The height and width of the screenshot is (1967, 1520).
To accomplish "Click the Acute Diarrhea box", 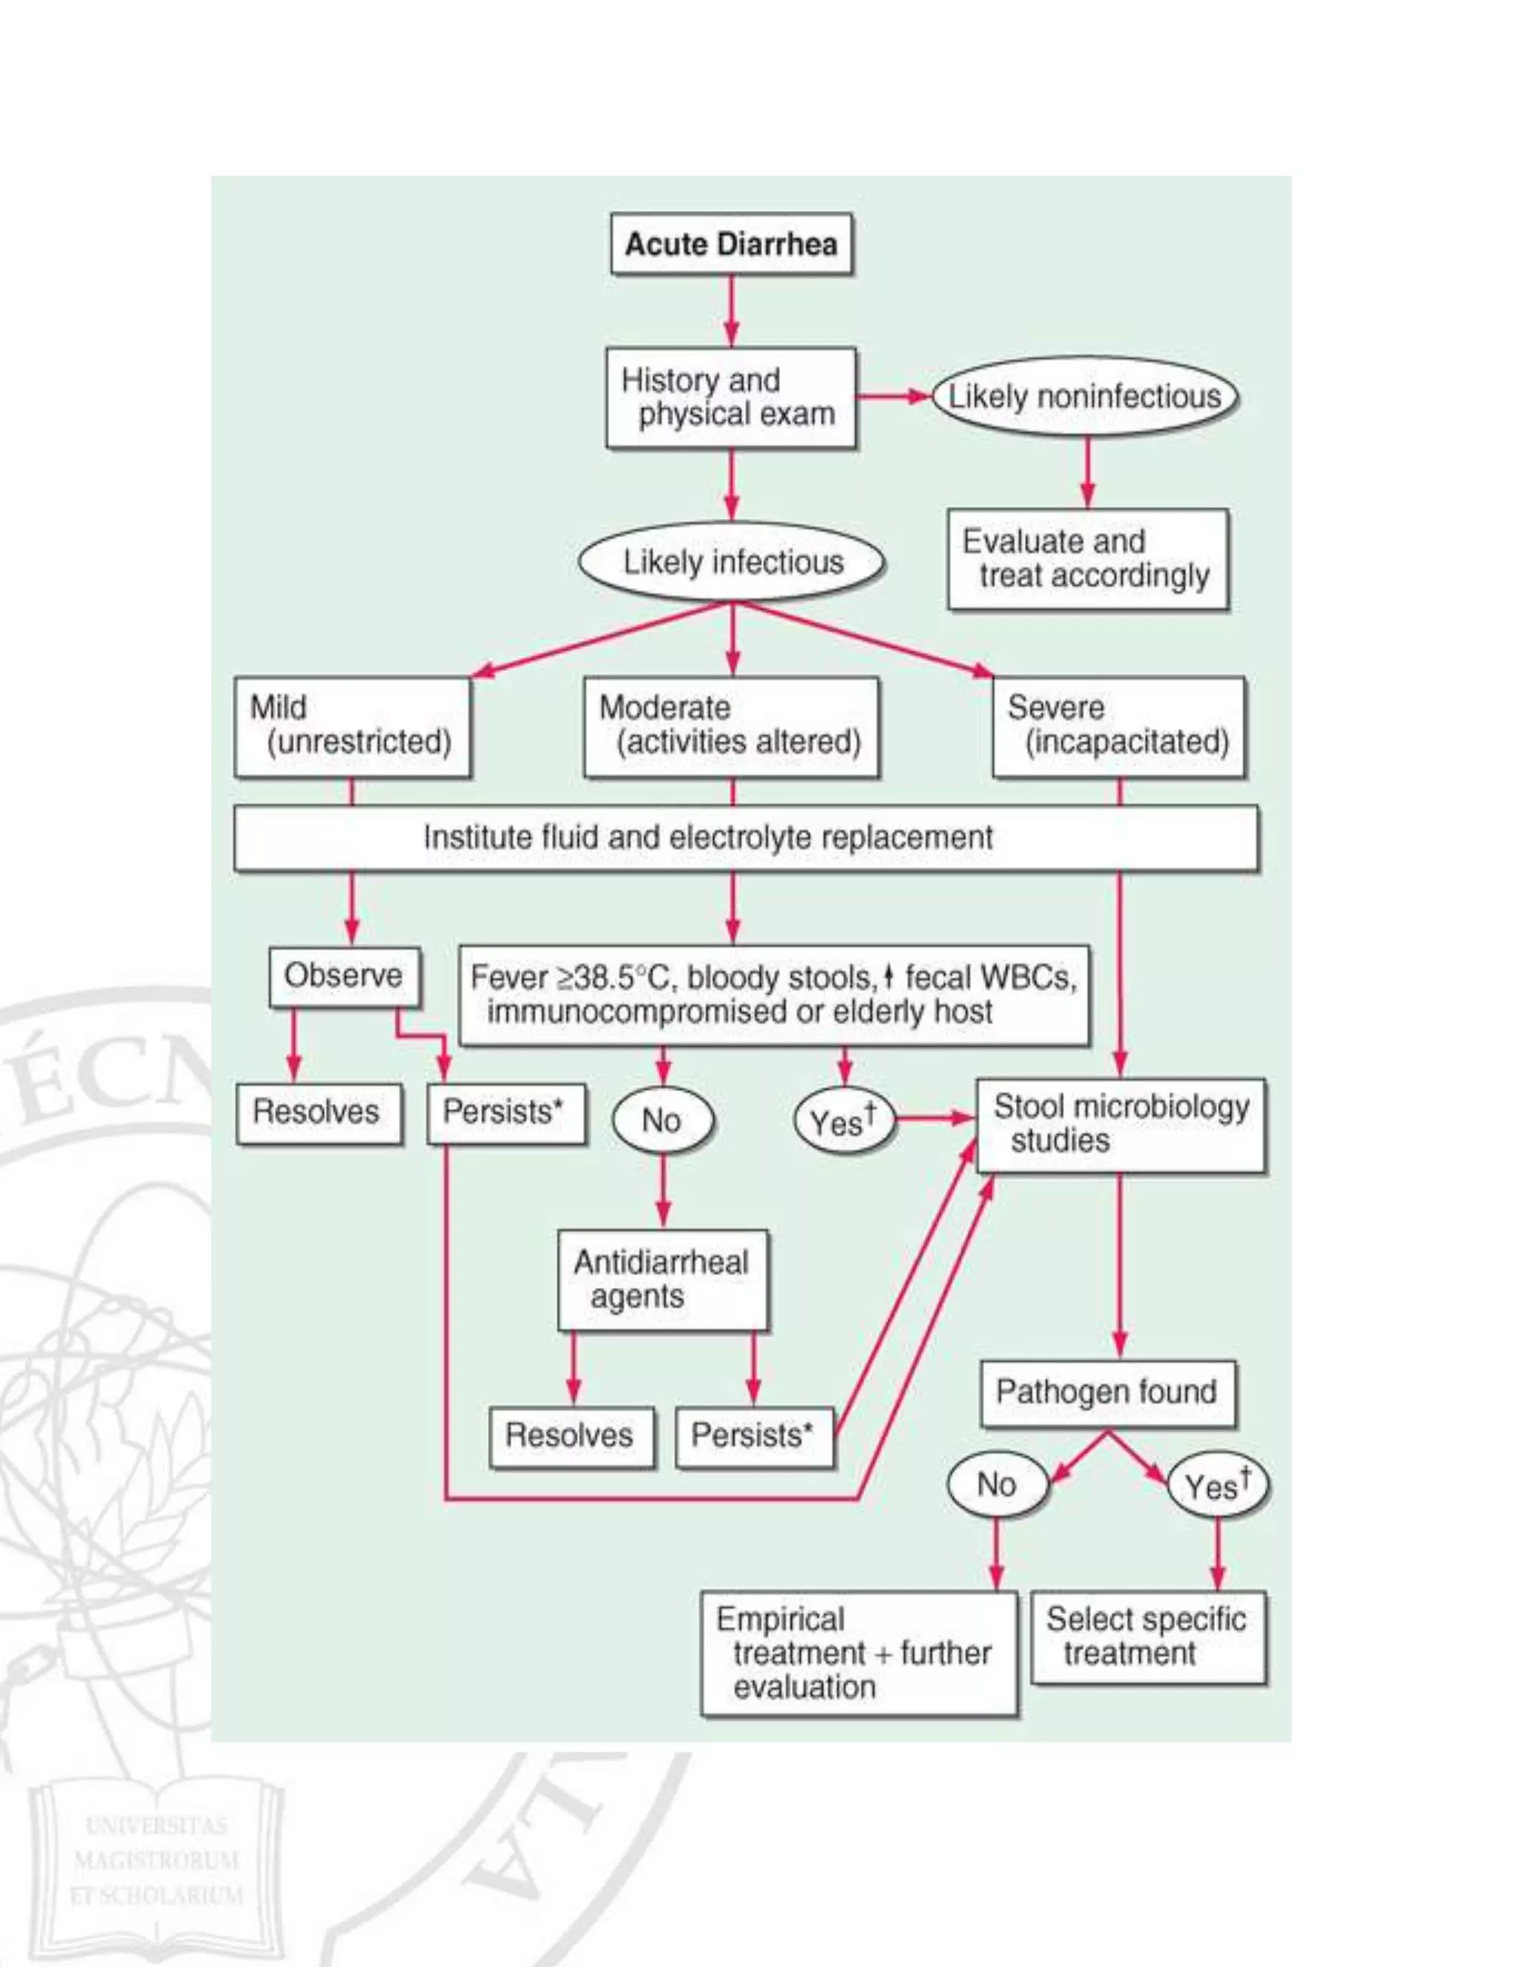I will click(x=731, y=244).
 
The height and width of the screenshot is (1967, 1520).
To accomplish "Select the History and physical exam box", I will click(x=731, y=397).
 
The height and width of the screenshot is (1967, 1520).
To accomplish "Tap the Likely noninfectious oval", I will click(x=1085, y=396).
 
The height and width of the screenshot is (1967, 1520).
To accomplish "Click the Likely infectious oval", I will click(x=732, y=562).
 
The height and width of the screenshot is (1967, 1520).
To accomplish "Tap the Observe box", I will click(x=344, y=975).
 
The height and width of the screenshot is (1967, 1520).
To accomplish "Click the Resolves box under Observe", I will click(x=318, y=1113).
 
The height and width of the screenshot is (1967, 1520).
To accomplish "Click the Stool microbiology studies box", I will click(x=1121, y=1124).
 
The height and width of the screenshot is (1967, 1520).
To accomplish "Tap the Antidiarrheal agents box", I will click(x=663, y=1279).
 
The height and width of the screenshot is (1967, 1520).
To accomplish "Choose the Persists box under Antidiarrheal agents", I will click(x=754, y=1436).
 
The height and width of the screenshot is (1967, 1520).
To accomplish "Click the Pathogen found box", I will click(x=1107, y=1392).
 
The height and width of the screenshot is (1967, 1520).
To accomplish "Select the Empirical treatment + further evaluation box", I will click(x=859, y=1653).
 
